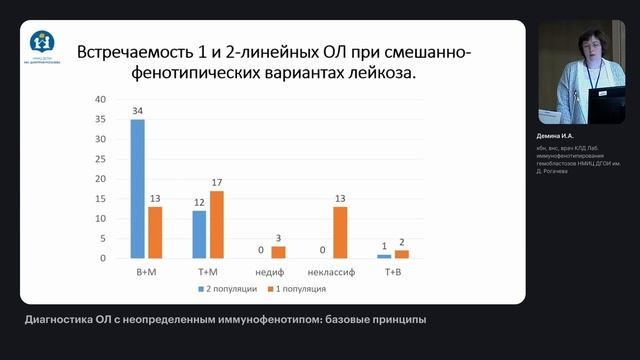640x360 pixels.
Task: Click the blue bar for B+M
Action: click(138, 189)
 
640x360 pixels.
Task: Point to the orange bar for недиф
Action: click(278, 252)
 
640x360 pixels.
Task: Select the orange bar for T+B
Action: click(402, 254)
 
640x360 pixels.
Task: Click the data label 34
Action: click(138, 111)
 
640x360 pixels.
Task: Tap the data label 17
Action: click(216, 182)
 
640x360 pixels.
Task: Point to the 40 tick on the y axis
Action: click(100, 100)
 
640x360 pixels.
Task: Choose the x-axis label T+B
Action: click(394, 272)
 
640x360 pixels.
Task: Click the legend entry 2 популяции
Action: click(232, 290)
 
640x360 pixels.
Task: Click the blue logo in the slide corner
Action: click(42, 42)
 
